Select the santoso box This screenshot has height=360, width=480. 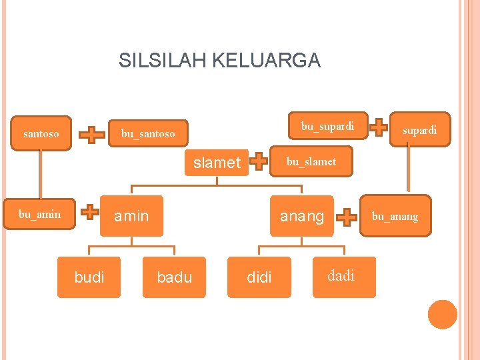click(x=41, y=133)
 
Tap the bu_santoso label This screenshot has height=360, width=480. click(x=148, y=133)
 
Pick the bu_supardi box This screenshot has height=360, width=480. click(x=328, y=125)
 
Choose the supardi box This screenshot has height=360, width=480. click(x=419, y=129)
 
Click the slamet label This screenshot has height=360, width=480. click(x=217, y=162)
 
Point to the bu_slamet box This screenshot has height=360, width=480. click(x=311, y=161)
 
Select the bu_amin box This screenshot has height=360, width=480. click(x=39, y=214)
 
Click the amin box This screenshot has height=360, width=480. click(x=131, y=216)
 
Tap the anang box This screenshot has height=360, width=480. click(x=301, y=216)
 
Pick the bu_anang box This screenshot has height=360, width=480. click(x=395, y=216)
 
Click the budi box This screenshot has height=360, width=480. click(x=89, y=277)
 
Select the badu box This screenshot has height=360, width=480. click(x=174, y=277)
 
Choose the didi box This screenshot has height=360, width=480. click(x=259, y=277)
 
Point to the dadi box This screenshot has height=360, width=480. click(x=341, y=276)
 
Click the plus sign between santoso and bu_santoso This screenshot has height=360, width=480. click(x=92, y=134)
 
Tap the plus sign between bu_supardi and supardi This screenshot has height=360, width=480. click(x=380, y=125)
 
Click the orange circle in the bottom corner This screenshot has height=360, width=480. click(x=442, y=315)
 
